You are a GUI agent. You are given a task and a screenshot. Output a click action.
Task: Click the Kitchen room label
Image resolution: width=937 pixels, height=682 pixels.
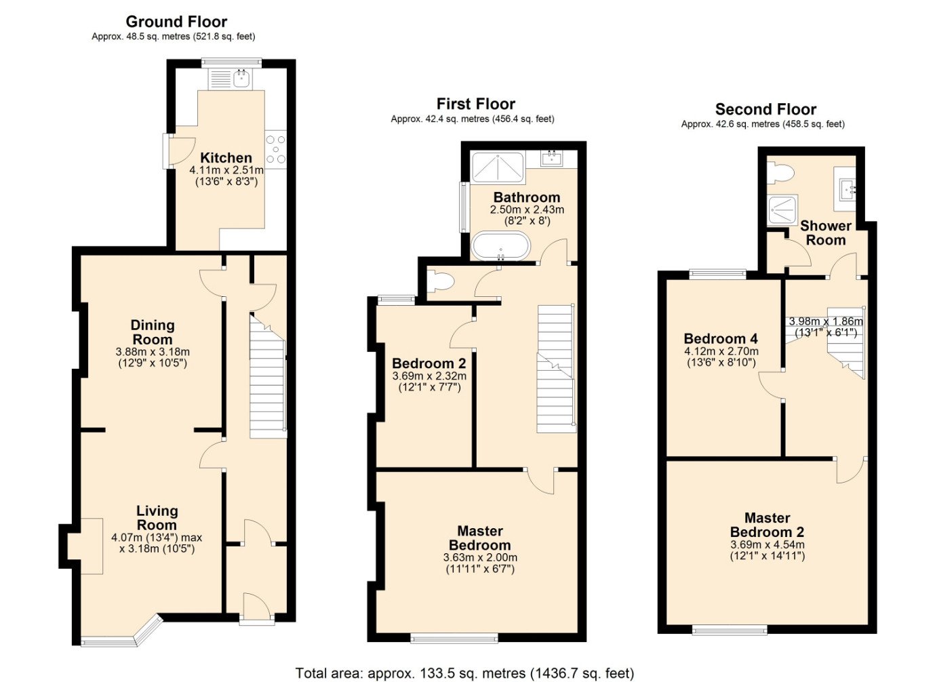click(x=226, y=158)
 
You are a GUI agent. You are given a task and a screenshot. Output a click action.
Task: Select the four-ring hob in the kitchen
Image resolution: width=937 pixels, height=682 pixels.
click(x=276, y=150)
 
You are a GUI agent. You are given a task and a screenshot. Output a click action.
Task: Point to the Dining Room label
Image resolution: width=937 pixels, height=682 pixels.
click(x=153, y=332)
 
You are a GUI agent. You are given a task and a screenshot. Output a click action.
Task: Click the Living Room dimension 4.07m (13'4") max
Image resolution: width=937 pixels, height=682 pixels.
click(x=157, y=538)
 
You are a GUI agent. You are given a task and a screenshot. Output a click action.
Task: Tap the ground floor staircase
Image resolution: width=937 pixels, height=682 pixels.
click(x=268, y=376)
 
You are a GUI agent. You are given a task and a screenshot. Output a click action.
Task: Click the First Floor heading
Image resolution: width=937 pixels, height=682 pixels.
click(x=475, y=104)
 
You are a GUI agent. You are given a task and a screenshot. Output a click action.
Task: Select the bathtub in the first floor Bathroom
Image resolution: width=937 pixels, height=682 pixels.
click(x=501, y=245)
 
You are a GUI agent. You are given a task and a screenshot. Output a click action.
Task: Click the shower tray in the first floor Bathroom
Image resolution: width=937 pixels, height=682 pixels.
click(x=498, y=168)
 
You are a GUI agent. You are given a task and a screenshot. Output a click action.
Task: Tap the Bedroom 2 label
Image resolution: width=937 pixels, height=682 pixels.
click(x=428, y=363)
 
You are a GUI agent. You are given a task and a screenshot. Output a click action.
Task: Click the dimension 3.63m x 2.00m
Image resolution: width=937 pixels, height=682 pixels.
click(x=480, y=557)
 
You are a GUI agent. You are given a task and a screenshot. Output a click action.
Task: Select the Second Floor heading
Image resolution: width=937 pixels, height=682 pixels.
click(x=765, y=109)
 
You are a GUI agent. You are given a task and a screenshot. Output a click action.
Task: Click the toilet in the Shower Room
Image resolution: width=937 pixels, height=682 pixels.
click(x=781, y=173)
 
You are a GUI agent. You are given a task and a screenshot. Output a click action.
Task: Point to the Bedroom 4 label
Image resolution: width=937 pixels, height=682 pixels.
click(x=721, y=338)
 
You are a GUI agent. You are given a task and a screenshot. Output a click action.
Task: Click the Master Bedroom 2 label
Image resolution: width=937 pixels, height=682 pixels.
click(x=767, y=525)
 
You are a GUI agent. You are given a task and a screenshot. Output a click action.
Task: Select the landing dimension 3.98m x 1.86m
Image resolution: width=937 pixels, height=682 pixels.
click(x=826, y=321)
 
